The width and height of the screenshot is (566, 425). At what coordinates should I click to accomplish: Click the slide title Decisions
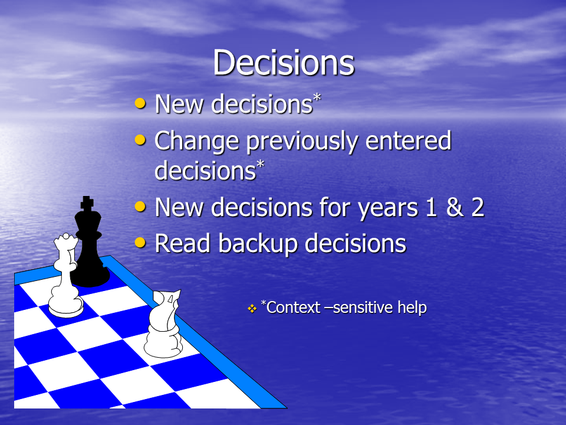(x=284, y=63)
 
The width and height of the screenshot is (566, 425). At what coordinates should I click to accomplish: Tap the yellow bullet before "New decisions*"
(x=140, y=103)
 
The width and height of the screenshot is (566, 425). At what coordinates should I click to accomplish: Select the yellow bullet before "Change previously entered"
(x=140, y=140)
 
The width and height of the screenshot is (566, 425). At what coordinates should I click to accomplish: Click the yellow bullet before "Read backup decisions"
(x=140, y=243)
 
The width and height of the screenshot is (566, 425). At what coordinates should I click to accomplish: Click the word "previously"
(x=302, y=142)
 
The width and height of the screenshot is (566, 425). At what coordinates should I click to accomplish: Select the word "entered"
(x=408, y=140)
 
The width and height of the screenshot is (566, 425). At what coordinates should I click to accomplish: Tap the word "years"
(x=388, y=209)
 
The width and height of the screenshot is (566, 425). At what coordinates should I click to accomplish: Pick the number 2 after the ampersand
(x=478, y=207)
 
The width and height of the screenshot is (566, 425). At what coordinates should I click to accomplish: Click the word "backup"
(x=258, y=244)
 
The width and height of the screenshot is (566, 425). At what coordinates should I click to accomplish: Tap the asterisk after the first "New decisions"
(x=317, y=97)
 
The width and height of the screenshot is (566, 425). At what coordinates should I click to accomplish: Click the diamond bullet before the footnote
(x=252, y=308)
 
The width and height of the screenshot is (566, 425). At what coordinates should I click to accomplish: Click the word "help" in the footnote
(x=412, y=308)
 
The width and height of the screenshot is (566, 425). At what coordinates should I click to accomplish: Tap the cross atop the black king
(x=87, y=203)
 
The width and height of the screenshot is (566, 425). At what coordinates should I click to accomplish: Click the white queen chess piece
(x=65, y=276)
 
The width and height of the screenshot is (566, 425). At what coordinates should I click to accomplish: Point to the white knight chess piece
(x=163, y=324)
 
